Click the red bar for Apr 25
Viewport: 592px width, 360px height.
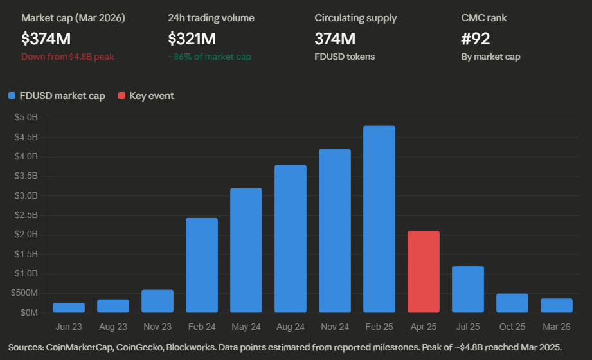tap(424, 272)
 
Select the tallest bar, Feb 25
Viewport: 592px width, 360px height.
tap(379, 219)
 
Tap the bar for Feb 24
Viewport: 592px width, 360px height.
tap(202, 265)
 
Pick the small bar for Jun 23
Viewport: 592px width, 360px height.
tap(69, 308)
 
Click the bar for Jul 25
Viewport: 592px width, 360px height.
tap(468, 289)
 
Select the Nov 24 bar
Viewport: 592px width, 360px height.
tap(335, 231)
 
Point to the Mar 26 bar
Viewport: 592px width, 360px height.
tap(557, 306)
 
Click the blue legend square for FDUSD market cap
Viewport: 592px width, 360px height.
tap(12, 96)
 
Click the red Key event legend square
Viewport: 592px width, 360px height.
tap(121, 96)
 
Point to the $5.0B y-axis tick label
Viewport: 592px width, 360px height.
tap(26, 118)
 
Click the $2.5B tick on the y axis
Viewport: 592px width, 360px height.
tap(26, 215)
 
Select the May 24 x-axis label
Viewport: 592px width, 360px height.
tap(246, 327)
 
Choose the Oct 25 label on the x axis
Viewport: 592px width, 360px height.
tap(512, 327)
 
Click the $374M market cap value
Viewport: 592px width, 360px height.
tap(43, 39)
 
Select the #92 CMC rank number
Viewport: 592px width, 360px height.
tap(476, 39)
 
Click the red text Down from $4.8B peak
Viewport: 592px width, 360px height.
tap(67, 57)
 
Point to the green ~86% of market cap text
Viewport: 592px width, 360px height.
tap(210, 57)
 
